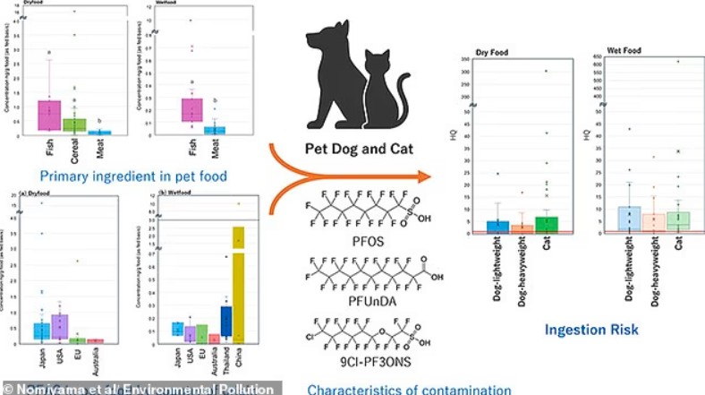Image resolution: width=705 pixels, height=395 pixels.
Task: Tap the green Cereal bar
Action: point(76,125)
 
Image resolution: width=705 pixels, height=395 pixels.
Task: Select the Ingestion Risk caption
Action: point(592,331)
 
